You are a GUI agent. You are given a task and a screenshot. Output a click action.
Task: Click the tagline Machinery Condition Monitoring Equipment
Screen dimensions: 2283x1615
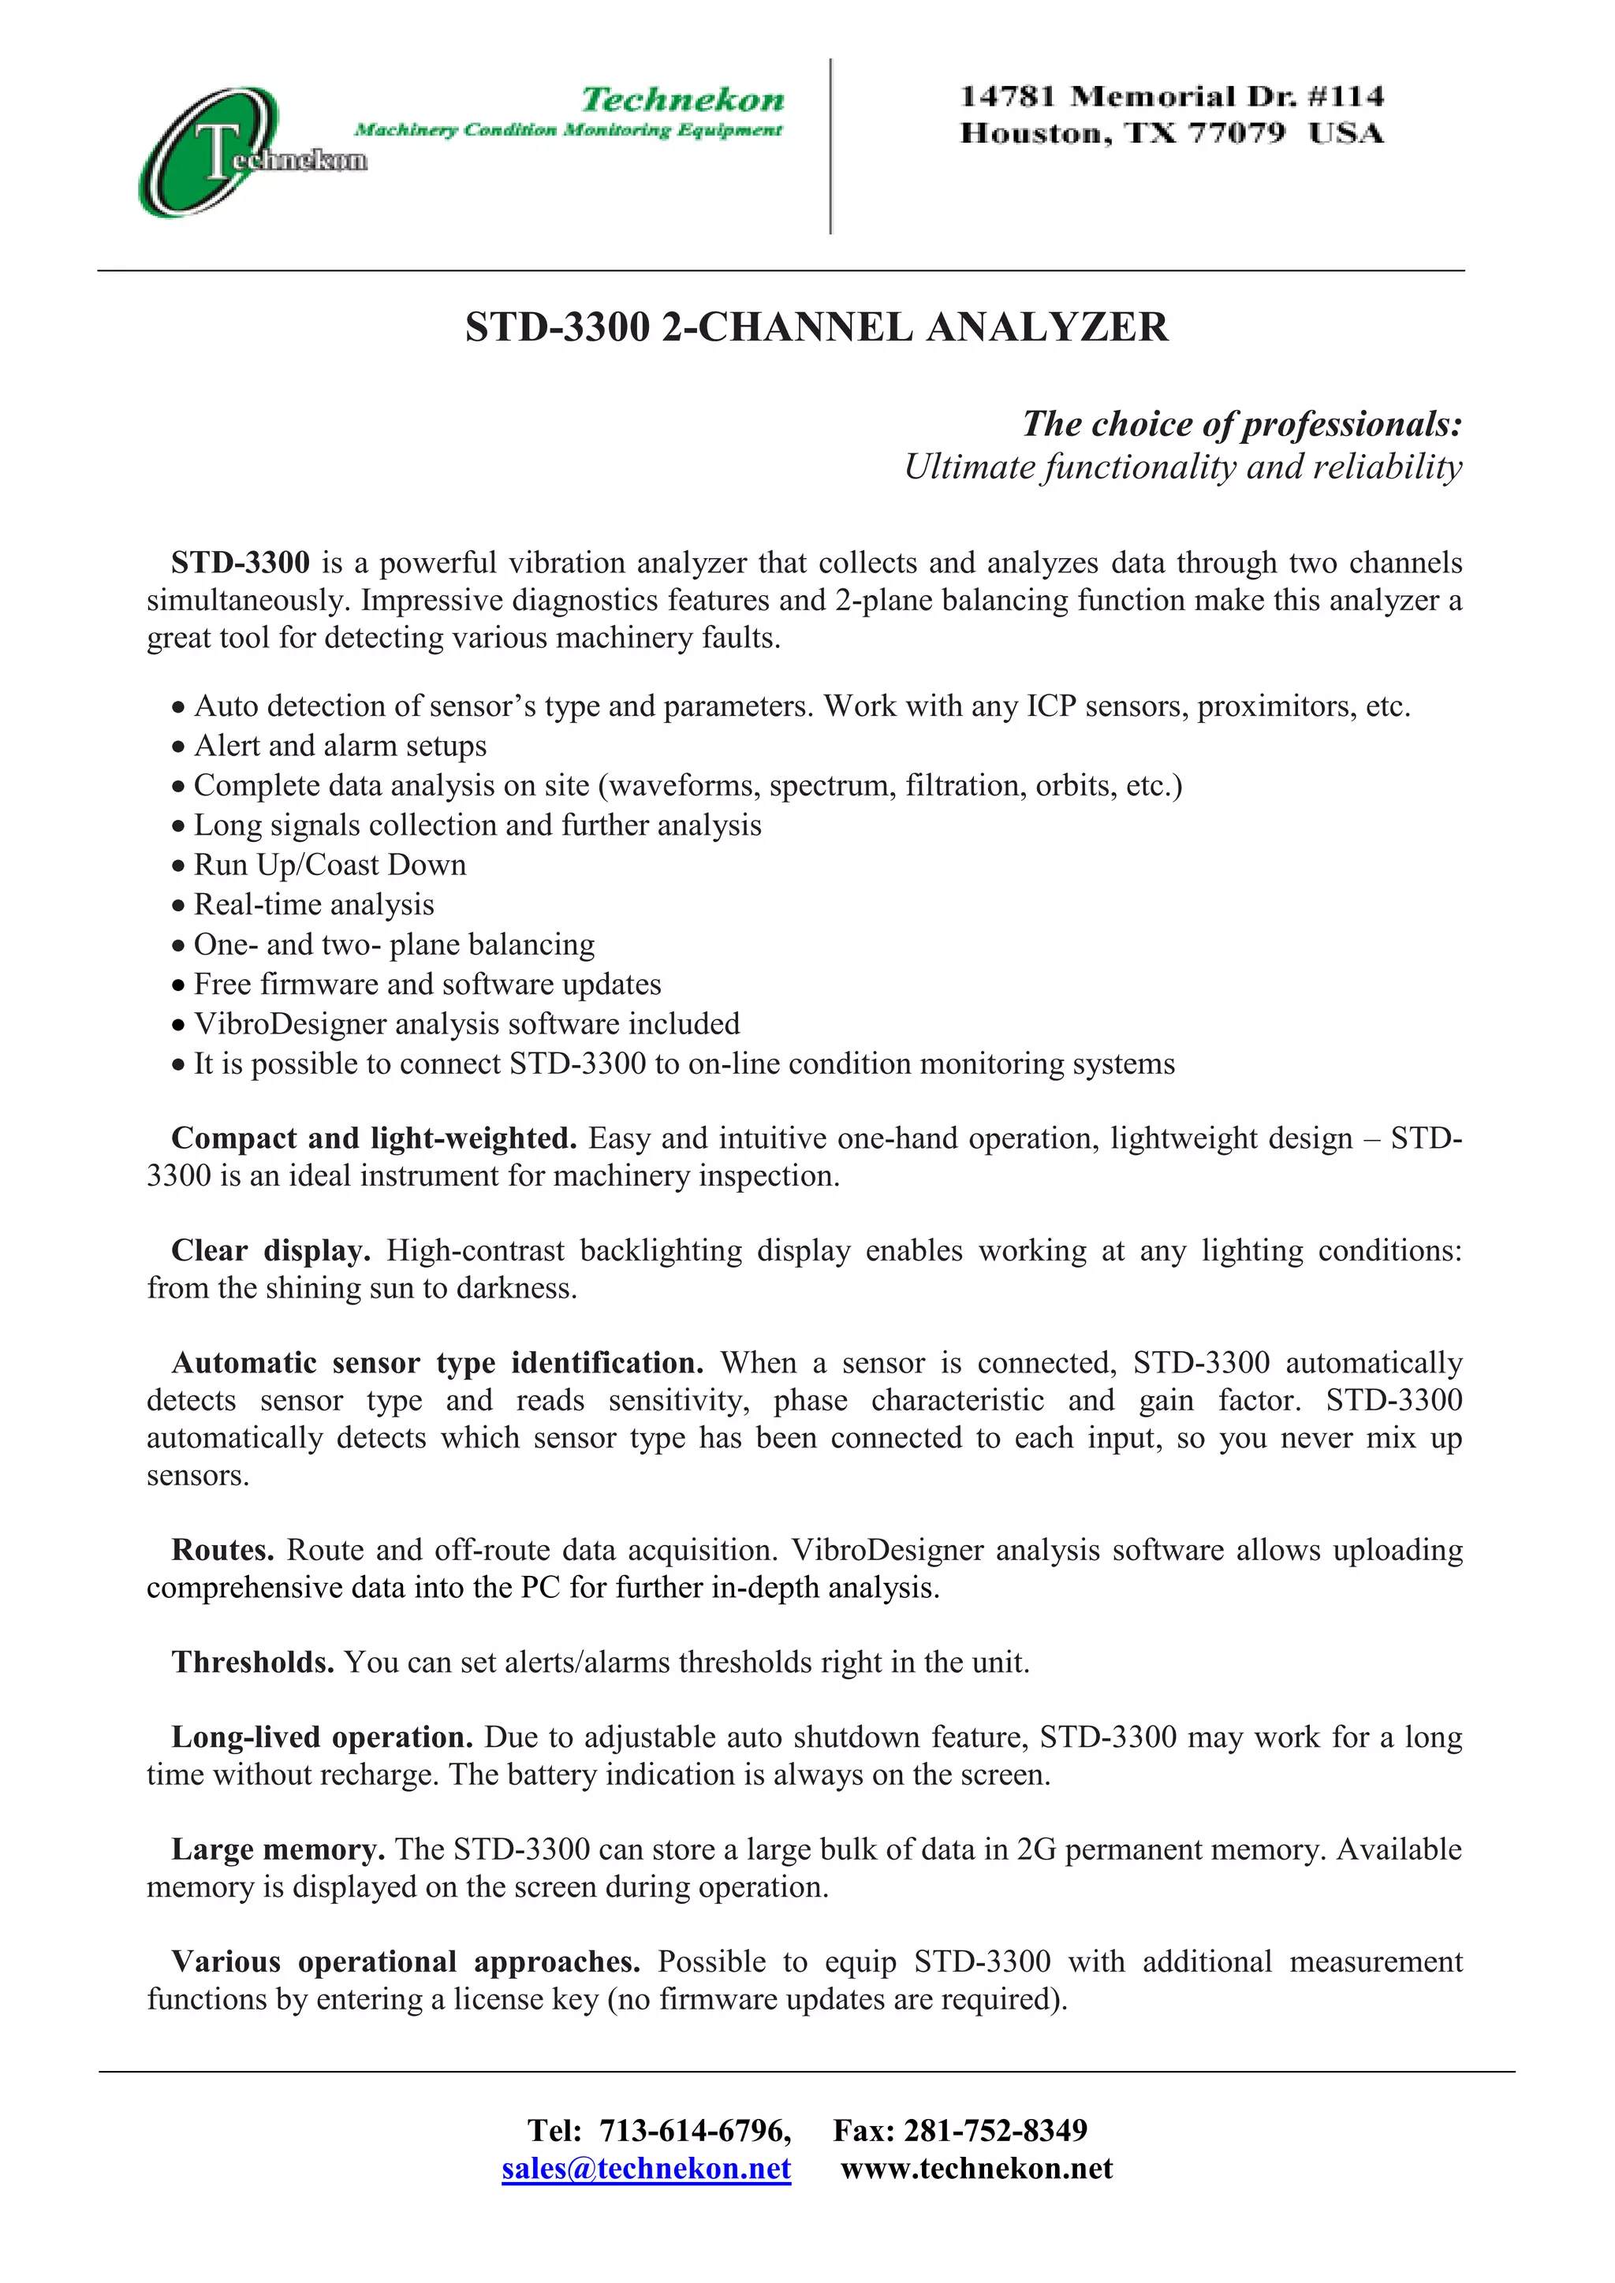[568, 130]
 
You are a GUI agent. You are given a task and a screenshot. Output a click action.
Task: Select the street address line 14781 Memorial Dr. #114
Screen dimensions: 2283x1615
[1172, 96]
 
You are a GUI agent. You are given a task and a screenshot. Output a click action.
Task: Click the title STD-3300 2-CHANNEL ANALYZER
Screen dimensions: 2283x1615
[816, 327]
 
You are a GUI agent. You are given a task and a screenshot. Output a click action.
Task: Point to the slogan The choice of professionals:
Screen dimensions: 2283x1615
[1242, 423]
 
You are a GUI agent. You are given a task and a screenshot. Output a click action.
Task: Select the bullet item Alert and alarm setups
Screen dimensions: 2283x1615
[340, 746]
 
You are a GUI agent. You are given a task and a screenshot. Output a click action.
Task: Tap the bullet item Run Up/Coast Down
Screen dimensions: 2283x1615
[329, 865]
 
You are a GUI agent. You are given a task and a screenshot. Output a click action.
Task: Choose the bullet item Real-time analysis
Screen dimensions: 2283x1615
[313, 905]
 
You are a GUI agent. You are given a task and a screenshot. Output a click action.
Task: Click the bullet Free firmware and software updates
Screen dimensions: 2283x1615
[427, 985]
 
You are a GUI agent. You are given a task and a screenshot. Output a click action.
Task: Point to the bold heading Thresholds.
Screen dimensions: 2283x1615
[252, 1663]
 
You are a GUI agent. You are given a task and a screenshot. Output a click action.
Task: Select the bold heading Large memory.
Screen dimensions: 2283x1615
[278, 1849]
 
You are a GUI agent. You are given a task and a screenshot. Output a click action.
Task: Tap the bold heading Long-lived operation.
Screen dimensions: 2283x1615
[321, 1737]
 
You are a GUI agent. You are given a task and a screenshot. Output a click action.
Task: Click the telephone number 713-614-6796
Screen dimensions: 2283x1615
[694, 2131]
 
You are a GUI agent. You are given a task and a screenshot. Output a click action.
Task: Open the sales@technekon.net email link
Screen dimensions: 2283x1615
[647, 2169]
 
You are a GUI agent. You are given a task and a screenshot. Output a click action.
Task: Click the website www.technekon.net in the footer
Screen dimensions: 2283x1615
[976, 2169]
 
